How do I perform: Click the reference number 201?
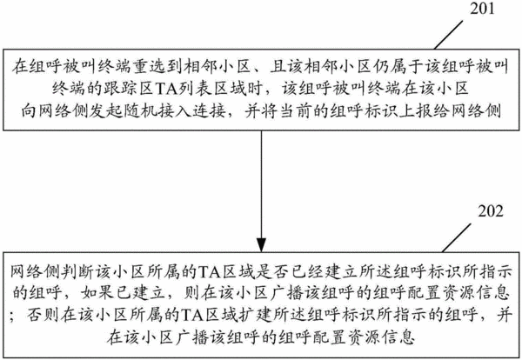(x=482, y=9)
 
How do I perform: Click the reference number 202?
(x=491, y=211)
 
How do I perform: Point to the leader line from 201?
(x=448, y=35)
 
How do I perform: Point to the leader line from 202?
(x=457, y=237)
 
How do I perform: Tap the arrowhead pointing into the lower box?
(x=261, y=245)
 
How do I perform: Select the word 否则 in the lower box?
(x=43, y=315)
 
